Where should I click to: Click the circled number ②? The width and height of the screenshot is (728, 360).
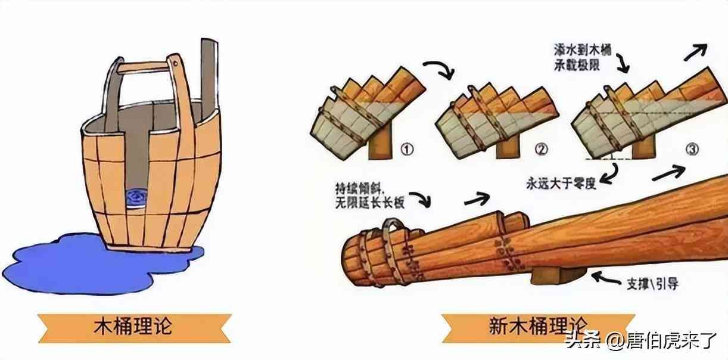click(541, 150)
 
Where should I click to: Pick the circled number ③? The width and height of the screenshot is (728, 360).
click(692, 149)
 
